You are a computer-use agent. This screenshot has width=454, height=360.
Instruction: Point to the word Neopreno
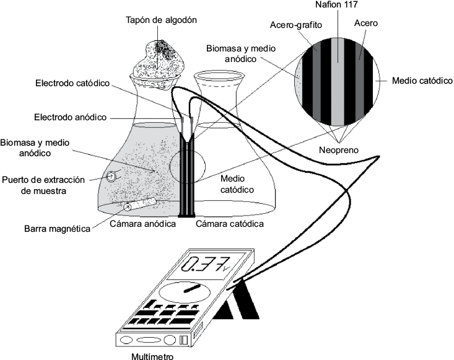coord(338,149)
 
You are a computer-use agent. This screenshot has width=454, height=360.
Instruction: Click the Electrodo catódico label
coord(72,82)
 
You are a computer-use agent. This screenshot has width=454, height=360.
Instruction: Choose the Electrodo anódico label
coord(71,116)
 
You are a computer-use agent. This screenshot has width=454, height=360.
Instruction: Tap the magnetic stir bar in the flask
coord(139,206)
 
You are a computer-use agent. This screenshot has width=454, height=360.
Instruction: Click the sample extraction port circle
coord(111,176)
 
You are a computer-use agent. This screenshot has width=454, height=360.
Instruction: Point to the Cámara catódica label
coord(230,223)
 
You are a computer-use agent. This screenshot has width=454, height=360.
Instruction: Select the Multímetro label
coord(152,356)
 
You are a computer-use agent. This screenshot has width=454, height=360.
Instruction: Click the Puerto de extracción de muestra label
coord(43,185)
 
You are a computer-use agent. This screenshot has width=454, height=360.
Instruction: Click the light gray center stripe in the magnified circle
coord(338,77)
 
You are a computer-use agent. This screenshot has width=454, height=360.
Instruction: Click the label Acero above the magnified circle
coord(366,23)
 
